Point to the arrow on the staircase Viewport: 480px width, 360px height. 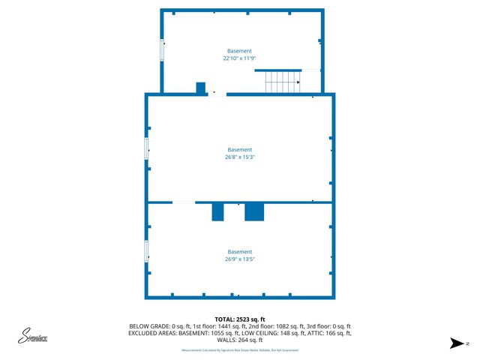pos(298,82)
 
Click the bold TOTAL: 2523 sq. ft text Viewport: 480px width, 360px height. pos(240,318)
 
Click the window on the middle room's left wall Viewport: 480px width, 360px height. pos(147,147)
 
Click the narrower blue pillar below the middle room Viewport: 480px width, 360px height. pos(218,211)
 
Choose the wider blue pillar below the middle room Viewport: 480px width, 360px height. pos(254,211)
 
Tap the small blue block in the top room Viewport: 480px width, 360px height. pos(201,88)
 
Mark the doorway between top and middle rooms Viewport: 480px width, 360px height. pos(217,94)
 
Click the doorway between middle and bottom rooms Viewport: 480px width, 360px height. pos(184,202)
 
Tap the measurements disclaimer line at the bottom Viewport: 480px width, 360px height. pos(240,350)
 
